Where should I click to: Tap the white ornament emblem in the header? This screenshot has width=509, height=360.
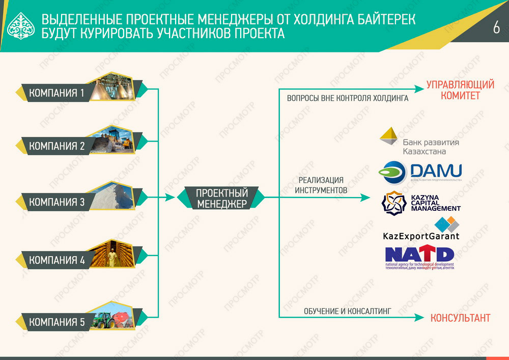pos(20,26)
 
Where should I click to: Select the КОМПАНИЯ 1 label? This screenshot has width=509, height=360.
pos(57,93)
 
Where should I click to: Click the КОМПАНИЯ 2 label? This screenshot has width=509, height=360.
pos(57,146)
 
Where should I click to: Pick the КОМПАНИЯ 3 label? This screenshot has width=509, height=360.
pos(57,202)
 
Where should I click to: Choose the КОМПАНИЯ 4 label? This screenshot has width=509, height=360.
pos(57,260)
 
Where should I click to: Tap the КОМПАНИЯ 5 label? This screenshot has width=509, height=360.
pos(57,322)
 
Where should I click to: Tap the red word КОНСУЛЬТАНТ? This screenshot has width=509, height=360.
pos(460,318)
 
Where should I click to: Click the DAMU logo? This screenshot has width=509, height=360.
pos(420,172)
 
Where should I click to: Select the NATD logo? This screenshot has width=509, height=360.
pos(419,257)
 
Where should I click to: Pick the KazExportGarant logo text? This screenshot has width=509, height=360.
pos(420,236)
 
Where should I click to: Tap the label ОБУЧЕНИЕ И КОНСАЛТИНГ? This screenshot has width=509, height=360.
pos(347,311)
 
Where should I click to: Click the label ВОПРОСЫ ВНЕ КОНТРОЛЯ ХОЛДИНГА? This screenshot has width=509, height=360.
pos(348,98)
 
